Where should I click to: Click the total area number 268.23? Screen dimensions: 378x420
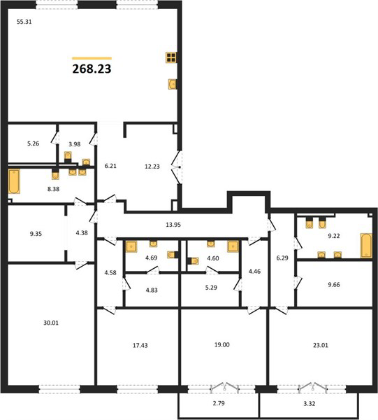coord(92,69)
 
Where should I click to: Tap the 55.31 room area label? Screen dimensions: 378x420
coord(24,22)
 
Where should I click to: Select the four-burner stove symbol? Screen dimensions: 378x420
coord(171,57)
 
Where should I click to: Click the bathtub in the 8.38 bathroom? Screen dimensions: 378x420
coord(14,181)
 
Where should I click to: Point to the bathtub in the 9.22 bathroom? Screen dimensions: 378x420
coord(366,246)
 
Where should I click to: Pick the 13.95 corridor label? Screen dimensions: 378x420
coord(173,225)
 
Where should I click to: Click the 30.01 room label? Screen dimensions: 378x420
coord(51,323)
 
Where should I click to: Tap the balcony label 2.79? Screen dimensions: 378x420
coord(219,403)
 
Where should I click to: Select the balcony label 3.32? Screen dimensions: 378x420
coord(310,403)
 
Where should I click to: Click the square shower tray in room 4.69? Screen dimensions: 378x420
coord(131,246)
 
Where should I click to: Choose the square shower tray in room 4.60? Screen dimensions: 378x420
coord(233,246)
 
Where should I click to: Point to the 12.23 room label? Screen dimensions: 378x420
coord(152,167)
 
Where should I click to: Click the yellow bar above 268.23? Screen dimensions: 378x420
coord(92,58)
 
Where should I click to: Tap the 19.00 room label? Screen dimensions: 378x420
coord(222,344)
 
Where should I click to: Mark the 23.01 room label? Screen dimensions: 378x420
coord(320,345)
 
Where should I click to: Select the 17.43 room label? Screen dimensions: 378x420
coord(140,346)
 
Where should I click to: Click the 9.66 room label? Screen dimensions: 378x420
coord(334,285)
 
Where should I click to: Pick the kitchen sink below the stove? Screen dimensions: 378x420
coord(173,84)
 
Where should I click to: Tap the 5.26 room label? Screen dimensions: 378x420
coord(33,143)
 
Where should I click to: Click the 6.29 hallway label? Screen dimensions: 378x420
coord(282,258)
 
